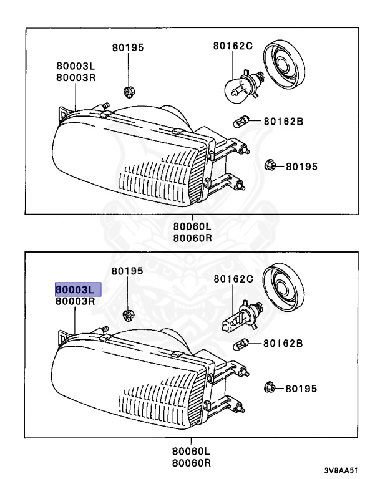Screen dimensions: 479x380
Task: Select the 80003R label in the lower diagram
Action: [x=75, y=301]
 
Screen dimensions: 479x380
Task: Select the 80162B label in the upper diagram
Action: [x=283, y=122]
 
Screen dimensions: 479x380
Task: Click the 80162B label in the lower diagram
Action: [x=283, y=343]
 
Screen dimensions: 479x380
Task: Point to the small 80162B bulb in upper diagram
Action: [x=240, y=122]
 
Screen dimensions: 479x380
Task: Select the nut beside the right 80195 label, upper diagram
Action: [x=270, y=166]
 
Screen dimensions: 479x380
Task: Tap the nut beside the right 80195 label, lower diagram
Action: [x=270, y=387]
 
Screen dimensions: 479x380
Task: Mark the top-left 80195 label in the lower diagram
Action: [x=127, y=271]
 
